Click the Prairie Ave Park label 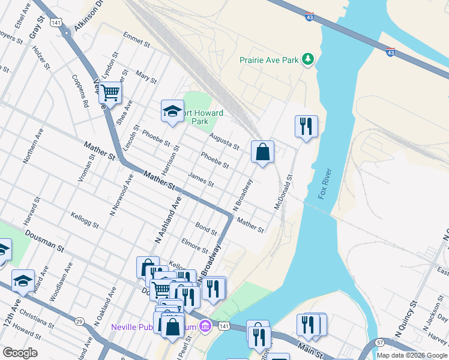tap(269, 60)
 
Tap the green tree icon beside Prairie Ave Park tap(308, 58)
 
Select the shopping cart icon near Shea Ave tap(110, 93)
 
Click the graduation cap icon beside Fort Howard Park tap(172, 111)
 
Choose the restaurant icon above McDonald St tap(306, 126)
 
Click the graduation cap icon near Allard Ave tap(23, 280)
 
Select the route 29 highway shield tap(79, 322)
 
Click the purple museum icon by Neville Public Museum tap(205, 326)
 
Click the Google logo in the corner tap(20, 353)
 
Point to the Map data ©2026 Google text tap(412, 355)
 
